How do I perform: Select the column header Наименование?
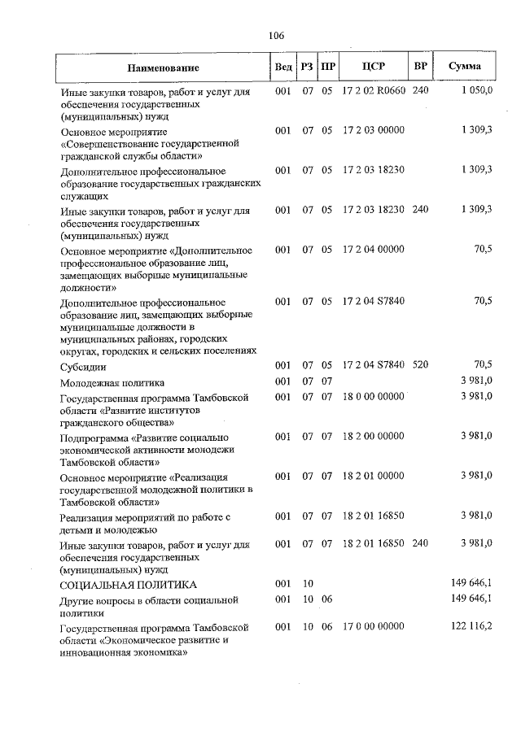162,68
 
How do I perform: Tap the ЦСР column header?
374,67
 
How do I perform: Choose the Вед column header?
283,68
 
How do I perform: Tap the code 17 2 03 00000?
374,130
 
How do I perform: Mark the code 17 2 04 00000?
374,250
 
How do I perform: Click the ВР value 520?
419,364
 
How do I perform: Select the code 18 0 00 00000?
374,396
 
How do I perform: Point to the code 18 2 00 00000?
374,436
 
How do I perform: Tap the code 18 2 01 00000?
374,475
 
